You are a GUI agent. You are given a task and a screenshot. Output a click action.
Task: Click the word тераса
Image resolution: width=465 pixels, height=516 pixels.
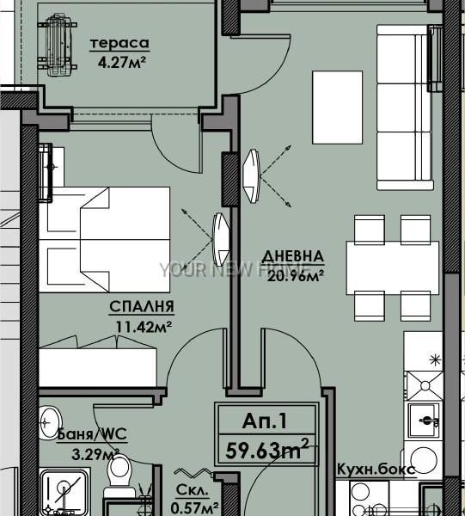119,44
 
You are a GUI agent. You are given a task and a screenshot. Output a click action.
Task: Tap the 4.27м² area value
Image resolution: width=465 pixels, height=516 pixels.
122,62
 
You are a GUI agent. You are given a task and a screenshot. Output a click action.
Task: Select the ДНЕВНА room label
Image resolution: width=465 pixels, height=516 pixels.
293,256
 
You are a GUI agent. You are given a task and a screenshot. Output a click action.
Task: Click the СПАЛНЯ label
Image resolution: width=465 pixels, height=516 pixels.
142,307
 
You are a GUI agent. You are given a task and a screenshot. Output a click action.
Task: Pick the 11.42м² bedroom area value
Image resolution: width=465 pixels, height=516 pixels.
144,327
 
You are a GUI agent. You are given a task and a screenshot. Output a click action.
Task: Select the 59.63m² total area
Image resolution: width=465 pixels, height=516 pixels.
267,450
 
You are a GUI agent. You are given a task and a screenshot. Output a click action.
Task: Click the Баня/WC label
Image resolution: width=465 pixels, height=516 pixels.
92,434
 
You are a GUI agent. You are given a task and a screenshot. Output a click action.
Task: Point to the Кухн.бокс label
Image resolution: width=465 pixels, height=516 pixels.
376,470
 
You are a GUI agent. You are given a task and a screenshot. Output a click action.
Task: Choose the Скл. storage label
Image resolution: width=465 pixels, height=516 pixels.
193,490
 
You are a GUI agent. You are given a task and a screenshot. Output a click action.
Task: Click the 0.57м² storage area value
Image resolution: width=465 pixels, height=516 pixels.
195,508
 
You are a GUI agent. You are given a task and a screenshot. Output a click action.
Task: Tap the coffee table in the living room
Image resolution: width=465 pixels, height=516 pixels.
338,107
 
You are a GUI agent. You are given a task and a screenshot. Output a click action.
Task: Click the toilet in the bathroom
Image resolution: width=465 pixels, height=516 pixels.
119,474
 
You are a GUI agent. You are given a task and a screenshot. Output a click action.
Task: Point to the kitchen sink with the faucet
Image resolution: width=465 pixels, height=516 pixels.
425,421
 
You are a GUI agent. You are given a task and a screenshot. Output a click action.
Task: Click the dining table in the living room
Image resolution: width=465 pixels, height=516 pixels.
393,267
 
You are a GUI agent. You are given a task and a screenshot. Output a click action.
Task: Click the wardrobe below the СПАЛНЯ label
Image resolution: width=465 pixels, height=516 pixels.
98,367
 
